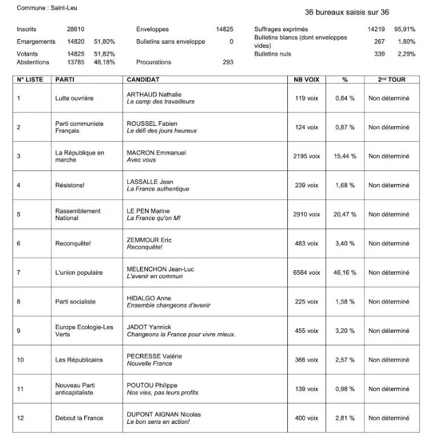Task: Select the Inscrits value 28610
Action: [x=76, y=29]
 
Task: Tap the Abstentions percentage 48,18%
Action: [x=105, y=62]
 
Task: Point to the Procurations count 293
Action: [x=228, y=62]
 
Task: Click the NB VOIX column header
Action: [x=306, y=80]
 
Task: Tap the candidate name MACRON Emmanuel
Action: [x=156, y=153]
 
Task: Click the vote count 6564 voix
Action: [x=306, y=272]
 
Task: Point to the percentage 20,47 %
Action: [x=345, y=214]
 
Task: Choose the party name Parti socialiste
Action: [x=75, y=302]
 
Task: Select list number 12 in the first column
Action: [x=20, y=418]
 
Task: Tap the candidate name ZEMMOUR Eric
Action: [x=148, y=240]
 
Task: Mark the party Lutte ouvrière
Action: [x=74, y=98]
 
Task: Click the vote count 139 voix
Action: [x=306, y=389]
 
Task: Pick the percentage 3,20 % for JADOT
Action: [x=345, y=331]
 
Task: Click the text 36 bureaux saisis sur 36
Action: [x=346, y=12]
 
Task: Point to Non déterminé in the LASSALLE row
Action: [x=389, y=185]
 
